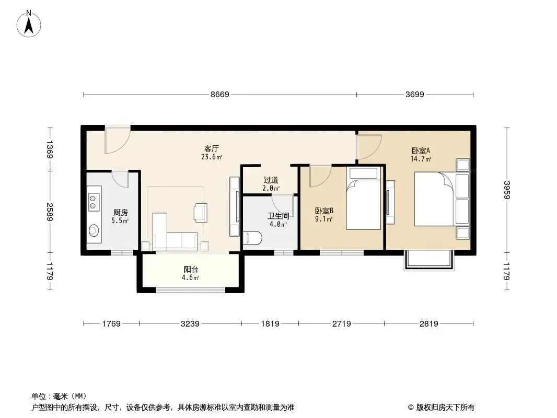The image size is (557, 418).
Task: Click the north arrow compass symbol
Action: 29,24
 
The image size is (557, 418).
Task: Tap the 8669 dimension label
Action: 220,95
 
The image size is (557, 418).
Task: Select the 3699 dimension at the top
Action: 414,95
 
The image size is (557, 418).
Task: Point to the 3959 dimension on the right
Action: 506,190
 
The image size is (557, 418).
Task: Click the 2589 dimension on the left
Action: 49,212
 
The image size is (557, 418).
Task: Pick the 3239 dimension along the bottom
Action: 190,323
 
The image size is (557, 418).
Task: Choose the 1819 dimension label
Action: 270,323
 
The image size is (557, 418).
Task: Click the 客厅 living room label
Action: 212,148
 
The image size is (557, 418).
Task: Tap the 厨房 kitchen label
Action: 120,212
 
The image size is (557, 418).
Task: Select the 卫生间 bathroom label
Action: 278,216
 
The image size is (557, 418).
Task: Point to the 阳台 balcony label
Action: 191,270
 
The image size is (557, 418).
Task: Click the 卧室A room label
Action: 421,150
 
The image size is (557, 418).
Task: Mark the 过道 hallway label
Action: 271,180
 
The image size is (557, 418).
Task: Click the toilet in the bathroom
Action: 252,238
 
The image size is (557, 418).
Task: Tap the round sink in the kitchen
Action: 94,230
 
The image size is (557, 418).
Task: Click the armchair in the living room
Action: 201,213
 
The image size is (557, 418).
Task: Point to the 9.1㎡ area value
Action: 323,219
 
